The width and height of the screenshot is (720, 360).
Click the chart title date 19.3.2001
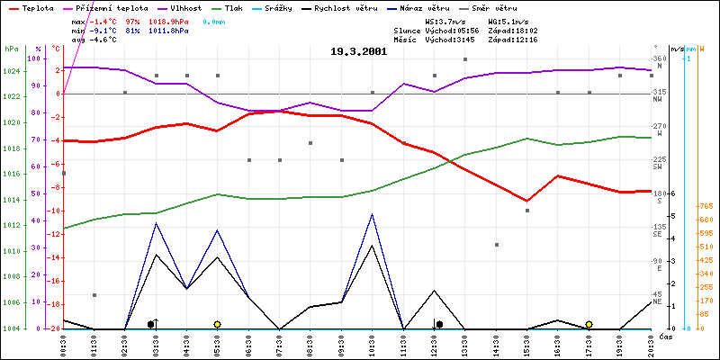pos(359,52)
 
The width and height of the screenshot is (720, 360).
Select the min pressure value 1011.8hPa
pos(169,30)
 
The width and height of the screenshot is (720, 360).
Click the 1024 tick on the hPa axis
pos(12,71)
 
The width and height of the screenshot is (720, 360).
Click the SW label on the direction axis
pos(658,166)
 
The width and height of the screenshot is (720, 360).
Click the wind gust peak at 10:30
pos(373,214)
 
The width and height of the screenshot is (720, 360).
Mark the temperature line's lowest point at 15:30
pos(527,201)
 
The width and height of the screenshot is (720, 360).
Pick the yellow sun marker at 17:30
pos(589,324)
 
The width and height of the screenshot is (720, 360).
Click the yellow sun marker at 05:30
pos(217,324)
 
